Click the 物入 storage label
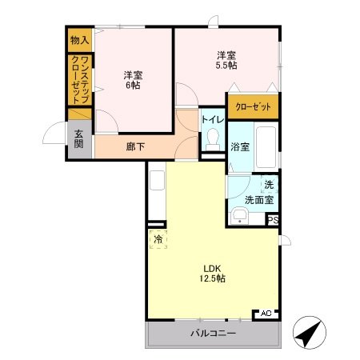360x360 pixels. point(78,39)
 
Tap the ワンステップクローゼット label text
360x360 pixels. point(80,79)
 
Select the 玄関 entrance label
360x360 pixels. point(78,139)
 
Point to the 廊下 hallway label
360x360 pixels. point(135,146)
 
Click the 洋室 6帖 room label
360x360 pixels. point(133,80)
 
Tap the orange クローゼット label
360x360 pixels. point(252,107)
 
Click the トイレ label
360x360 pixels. point(213,120)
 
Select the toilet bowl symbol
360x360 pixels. point(213,141)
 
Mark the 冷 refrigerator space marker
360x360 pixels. point(158,238)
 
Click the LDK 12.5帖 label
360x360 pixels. point(212,273)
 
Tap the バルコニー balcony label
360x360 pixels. point(212,334)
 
